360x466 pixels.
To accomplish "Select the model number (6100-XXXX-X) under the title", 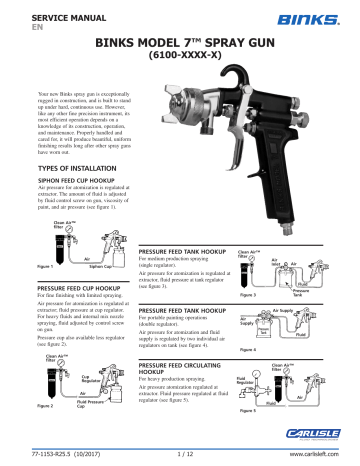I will (x=180, y=59).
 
